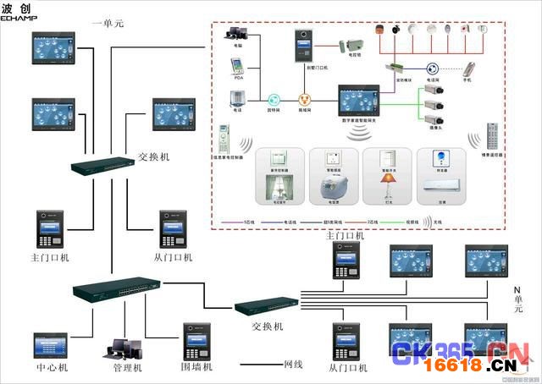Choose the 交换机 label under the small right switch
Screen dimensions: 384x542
268,326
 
